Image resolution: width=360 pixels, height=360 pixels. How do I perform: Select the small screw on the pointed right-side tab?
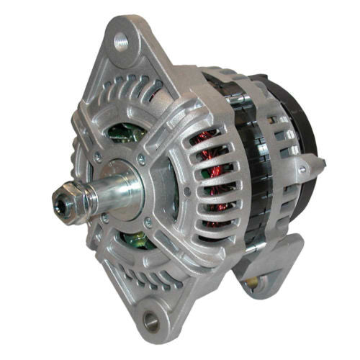[x=302, y=169]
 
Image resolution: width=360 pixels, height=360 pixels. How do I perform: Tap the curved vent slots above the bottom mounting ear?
[x=144, y=277]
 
